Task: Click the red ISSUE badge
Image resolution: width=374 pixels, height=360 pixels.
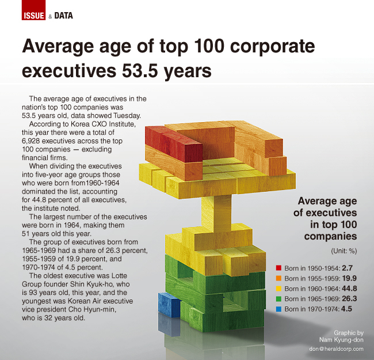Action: pyautogui.click(x=33, y=10)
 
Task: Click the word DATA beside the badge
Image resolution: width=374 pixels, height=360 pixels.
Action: pyautogui.click(x=63, y=16)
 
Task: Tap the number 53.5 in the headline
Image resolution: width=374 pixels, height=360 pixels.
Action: pyautogui.click(x=139, y=71)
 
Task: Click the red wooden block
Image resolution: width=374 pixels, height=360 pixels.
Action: pyautogui.click(x=174, y=143)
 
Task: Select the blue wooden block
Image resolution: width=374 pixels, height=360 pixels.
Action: pyautogui.click(x=169, y=305)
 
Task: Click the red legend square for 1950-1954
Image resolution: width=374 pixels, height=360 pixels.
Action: pyautogui.click(x=278, y=268)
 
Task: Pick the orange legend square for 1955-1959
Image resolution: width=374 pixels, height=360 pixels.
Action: pyautogui.click(x=278, y=278)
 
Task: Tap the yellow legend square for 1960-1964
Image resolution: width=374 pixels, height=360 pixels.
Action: pyautogui.click(x=278, y=289)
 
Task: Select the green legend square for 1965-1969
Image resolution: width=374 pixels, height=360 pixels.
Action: pyautogui.click(x=278, y=298)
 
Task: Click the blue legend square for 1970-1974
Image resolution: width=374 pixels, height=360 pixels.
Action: pyautogui.click(x=278, y=309)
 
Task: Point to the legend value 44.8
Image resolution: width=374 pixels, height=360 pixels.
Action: pyautogui.click(x=349, y=289)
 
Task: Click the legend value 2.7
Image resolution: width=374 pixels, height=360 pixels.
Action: pyautogui.click(x=348, y=268)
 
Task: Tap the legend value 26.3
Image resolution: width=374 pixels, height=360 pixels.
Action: pyautogui.click(x=349, y=298)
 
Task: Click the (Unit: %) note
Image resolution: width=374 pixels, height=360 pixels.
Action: pyautogui.click(x=344, y=251)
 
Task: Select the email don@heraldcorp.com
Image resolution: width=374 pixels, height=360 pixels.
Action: pyautogui.click(x=337, y=349)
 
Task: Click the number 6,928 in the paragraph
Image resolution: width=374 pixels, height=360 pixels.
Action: pyautogui.click(x=31, y=141)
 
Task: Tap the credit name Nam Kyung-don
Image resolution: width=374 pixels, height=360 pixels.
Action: pyautogui.click(x=341, y=340)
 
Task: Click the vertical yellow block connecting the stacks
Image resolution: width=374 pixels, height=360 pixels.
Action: pyautogui.click(x=216, y=213)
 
